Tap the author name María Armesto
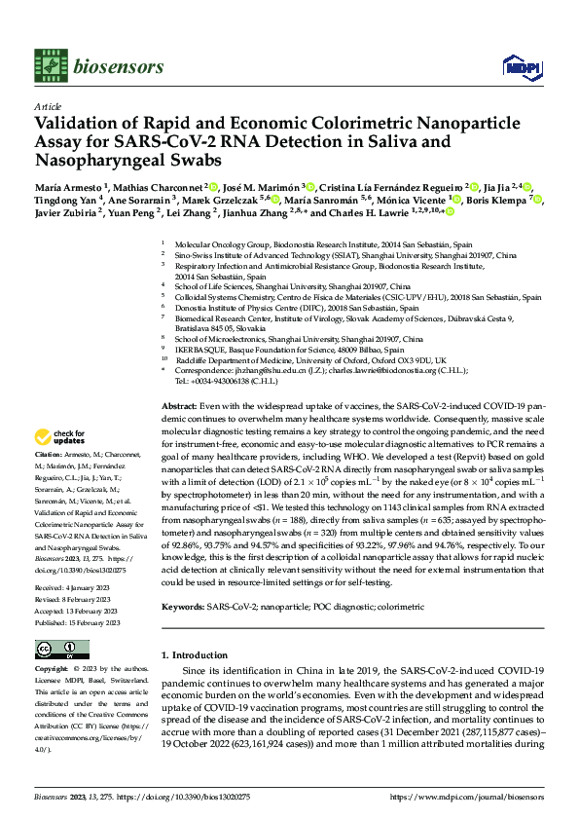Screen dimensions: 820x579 pyautogui.click(x=72, y=186)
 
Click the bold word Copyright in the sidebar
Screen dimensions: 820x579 pyautogui.click(x=54, y=670)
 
